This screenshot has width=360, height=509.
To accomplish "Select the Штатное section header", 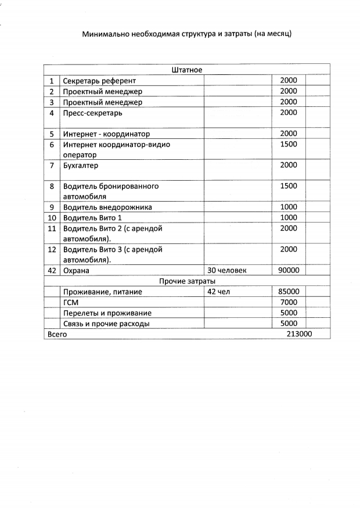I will pyautogui.click(x=187, y=70).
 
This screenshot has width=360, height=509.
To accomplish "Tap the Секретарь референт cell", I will pyautogui.click(x=99, y=81).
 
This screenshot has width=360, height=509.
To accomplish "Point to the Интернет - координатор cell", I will pyautogui.click(x=106, y=134).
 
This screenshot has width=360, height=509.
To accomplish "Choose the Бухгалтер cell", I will pyautogui.click(x=81, y=165).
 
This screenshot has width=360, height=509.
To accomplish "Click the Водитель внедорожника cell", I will pyautogui.click(x=107, y=207).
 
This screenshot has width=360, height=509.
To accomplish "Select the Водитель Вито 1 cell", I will pyautogui.click(x=93, y=217).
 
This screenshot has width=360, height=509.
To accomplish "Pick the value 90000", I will pyautogui.click(x=289, y=270).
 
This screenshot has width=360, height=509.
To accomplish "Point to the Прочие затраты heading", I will pyautogui.click(x=187, y=281).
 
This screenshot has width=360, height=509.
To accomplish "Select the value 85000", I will pyautogui.click(x=289, y=292).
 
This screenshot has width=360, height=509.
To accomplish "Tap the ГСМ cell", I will pyautogui.click(x=71, y=302).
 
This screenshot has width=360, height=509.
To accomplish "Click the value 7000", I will pyautogui.click(x=289, y=302).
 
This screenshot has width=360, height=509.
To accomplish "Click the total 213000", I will pyautogui.click(x=300, y=334).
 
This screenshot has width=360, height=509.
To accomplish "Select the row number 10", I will pyautogui.click(x=52, y=217).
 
